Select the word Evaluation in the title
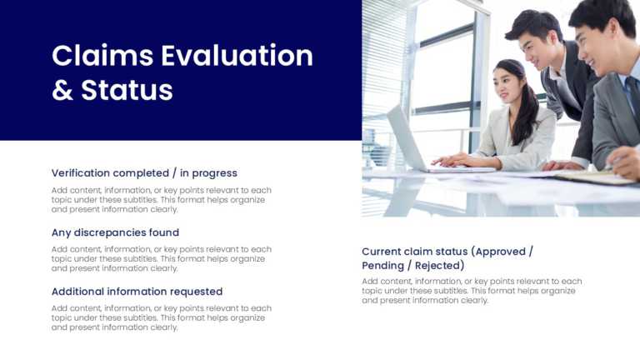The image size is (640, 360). click(x=237, y=56)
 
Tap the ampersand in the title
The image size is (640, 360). click(x=62, y=90)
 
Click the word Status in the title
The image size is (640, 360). click(x=127, y=90)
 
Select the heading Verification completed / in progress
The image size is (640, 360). click(x=144, y=173)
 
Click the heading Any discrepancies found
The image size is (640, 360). click(x=115, y=232)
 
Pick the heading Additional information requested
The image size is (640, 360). click(x=137, y=292)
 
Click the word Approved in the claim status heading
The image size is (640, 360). click(x=500, y=251)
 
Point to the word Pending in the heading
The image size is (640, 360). click(x=384, y=266)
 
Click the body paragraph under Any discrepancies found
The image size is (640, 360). click(x=161, y=258)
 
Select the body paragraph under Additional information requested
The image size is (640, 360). click(x=161, y=317)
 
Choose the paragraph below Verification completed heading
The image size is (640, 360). click(x=161, y=199)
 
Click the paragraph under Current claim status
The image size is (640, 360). click(x=472, y=291)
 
